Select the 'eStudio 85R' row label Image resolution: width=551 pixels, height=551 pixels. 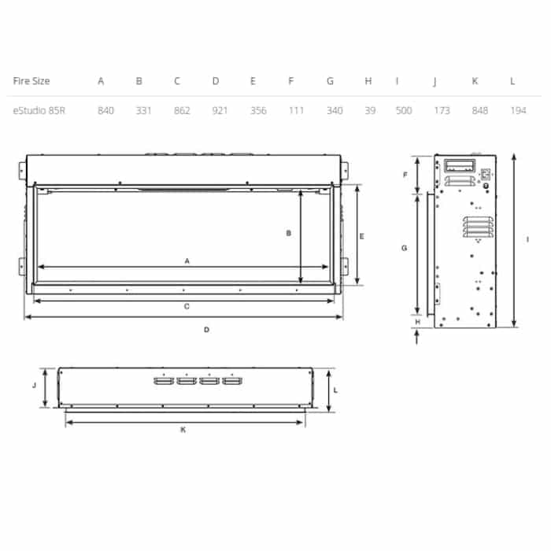(39, 110)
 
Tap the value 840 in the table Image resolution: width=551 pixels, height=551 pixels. (105, 110)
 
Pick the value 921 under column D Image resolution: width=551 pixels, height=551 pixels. (220, 110)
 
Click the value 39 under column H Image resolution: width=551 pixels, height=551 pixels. (368, 110)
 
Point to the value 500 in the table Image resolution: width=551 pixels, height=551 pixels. (404, 110)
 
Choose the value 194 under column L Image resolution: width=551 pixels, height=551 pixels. (517, 110)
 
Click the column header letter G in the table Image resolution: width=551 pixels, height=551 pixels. (330, 81)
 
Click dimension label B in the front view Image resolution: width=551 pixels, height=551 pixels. (289, 233)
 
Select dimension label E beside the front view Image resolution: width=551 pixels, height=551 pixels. (361, 236)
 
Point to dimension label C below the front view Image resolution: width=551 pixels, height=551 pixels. (187, 306)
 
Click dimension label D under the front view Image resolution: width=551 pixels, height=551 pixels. (206, 330)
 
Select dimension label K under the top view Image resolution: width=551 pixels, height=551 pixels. (183, 430)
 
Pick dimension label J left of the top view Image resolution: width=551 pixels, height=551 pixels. (35, 386)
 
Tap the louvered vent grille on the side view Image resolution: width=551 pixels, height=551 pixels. (476, 227)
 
